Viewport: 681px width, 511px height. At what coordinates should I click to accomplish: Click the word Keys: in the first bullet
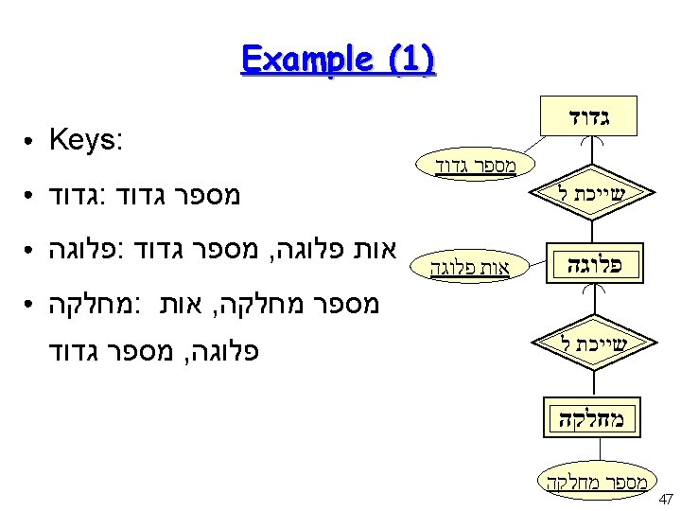(86, 141)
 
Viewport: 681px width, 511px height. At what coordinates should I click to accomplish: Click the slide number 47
(664, 499)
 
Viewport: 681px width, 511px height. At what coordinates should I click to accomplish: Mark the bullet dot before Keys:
(32, 142)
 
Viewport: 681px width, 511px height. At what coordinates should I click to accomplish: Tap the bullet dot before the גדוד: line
(32, 197)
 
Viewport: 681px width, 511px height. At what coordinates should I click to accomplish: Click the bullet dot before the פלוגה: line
(32, 251)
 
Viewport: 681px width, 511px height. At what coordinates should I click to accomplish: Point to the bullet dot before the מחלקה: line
(32, 306)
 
